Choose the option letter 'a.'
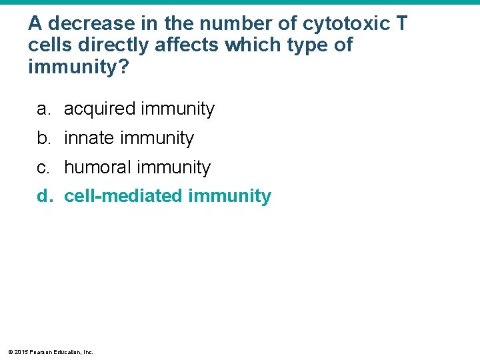[43, 109]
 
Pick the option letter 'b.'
[43, 138]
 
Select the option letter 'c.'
[43, 167]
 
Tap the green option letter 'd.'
[44, 196]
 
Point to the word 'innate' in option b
[89, 138]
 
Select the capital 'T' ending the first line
[401, 24]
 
